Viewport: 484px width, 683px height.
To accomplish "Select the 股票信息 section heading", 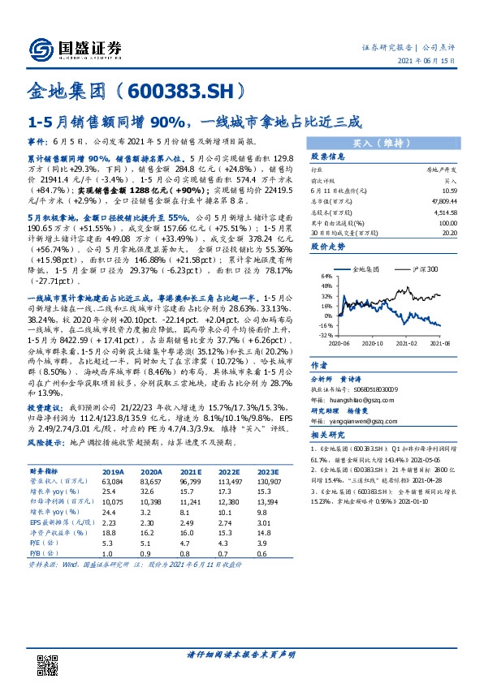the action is click(x=330, y=157).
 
